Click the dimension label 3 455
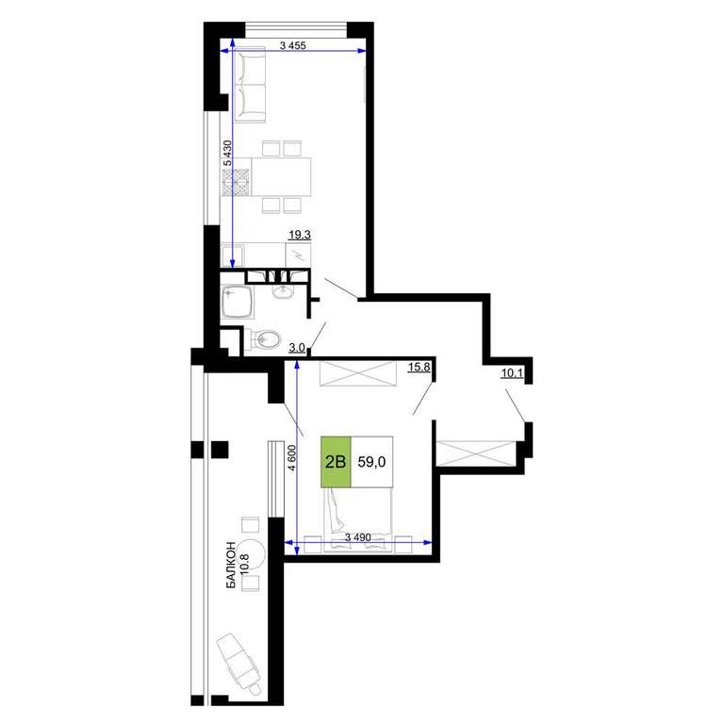point(293,45)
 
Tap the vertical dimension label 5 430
point(227,153)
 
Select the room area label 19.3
point(300,235)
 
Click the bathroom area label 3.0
point(296,348)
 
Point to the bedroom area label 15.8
point(420,367)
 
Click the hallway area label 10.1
point(512,373)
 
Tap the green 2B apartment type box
point(336,462)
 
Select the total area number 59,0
point(371,462)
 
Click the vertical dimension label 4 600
point(291,457)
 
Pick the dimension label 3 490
point(358,537)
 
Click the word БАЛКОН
point(231,566)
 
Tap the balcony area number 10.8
point(245,564)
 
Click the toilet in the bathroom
point(262,340)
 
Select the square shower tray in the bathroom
point(238,303)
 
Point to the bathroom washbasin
point(282,291)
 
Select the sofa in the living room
point(250,86)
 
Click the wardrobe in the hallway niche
point(475,453)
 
